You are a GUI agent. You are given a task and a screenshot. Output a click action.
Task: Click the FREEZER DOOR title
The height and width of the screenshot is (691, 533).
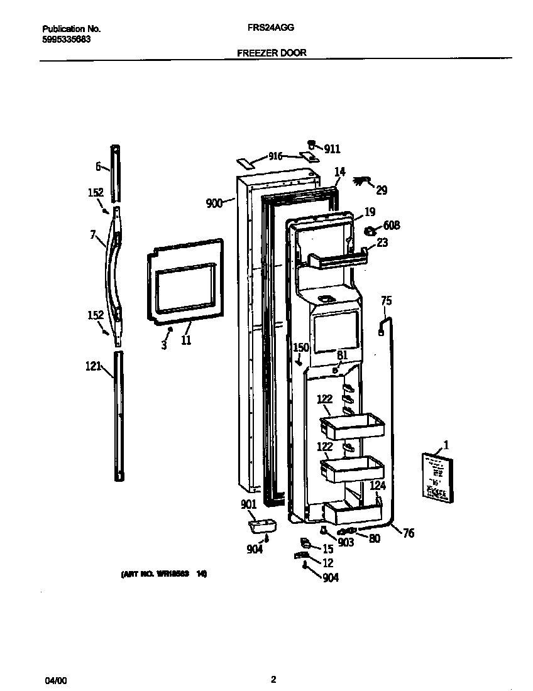point(272,53)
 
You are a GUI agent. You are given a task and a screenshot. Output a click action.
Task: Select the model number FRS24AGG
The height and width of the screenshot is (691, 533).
point(272,28)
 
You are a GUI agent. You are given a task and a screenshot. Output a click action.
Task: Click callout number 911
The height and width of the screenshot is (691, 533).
point(332,149)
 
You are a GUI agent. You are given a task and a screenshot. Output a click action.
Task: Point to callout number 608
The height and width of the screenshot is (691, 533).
point(391,226)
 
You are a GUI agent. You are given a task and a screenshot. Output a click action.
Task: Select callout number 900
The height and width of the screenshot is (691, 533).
point(214,203)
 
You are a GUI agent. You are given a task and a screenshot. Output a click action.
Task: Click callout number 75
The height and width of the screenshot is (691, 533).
point(386,301)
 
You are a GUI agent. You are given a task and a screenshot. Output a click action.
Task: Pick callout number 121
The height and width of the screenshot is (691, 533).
point(93,366)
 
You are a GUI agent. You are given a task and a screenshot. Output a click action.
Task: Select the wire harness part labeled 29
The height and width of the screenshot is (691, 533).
point(362,182)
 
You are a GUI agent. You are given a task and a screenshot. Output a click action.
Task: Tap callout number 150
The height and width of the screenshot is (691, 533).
point(302,347)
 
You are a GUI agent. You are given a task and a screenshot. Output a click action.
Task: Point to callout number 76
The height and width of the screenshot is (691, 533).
point(408,533)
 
